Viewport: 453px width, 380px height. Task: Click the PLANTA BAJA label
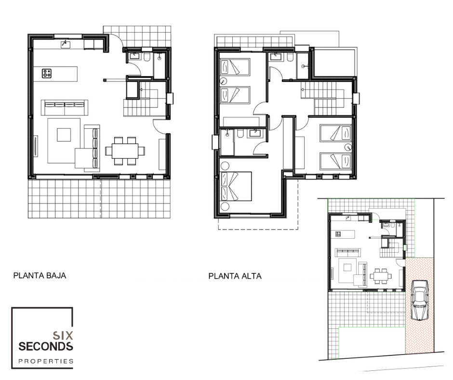(x=40, y=275)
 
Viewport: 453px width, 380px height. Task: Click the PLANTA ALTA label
(x=235, y=276)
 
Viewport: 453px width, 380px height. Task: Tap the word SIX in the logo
(x=63, y=336)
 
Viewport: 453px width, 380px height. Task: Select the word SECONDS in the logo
(x=46, y=346)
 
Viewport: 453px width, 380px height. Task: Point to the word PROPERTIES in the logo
(x=46, y=361)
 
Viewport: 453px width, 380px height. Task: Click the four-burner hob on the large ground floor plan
(x=47, y=73)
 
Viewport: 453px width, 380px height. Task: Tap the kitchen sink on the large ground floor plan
(x=66, y=44)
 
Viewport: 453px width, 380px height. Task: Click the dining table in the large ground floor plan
(x=125, y=151)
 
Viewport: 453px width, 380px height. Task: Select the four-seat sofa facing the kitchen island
(x=65, y=108)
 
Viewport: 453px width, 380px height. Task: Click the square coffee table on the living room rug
(x=64, y=135)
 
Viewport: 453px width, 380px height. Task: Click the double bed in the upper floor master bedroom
(x=236, y=187)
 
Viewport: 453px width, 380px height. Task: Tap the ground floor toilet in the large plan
(x=147, y=57)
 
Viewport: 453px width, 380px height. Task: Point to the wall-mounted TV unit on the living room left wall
(x=36, y=146)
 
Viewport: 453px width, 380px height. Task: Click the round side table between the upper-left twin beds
(x=223, y=81)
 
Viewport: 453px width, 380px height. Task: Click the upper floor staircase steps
(x=326, y=99)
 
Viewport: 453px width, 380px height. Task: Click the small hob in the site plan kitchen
(x=338, y=234)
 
